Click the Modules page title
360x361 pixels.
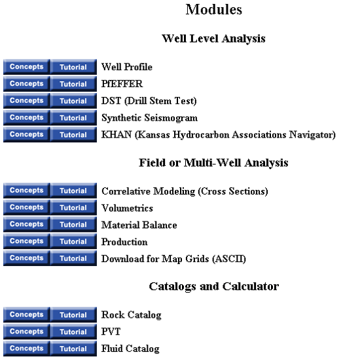tap(213, 10)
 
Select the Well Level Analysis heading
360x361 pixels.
tap(213, 39)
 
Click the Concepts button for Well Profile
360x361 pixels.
tap(26, 67)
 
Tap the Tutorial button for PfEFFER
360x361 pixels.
tap(73, 84)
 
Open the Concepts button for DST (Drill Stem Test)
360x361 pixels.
tap(26, 101)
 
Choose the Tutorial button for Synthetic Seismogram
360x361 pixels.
tap(73, 118)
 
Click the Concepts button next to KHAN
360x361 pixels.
tap(26, 134)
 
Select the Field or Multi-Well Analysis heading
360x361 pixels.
tap(213, 162)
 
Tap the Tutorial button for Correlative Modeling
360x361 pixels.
tap(73, 191)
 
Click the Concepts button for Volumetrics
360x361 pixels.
tap(26, 208)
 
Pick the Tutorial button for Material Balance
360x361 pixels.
tap(73, 224)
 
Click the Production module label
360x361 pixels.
tap(124, 242)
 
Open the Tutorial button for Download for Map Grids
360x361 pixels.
tap(73, 258)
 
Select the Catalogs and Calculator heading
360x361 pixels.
tap(213, 286)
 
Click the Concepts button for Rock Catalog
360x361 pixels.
tap(26, 314)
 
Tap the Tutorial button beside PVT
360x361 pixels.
tap(73, 332)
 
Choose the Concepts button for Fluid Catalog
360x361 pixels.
tap(26, 349)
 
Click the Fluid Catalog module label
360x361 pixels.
tap(130, 349)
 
